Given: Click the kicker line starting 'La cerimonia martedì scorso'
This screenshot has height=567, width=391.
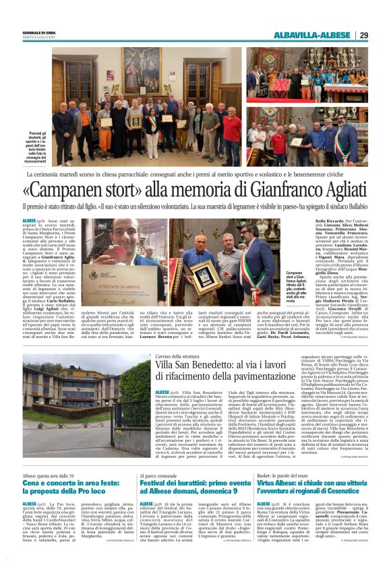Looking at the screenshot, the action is pos(195,174).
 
